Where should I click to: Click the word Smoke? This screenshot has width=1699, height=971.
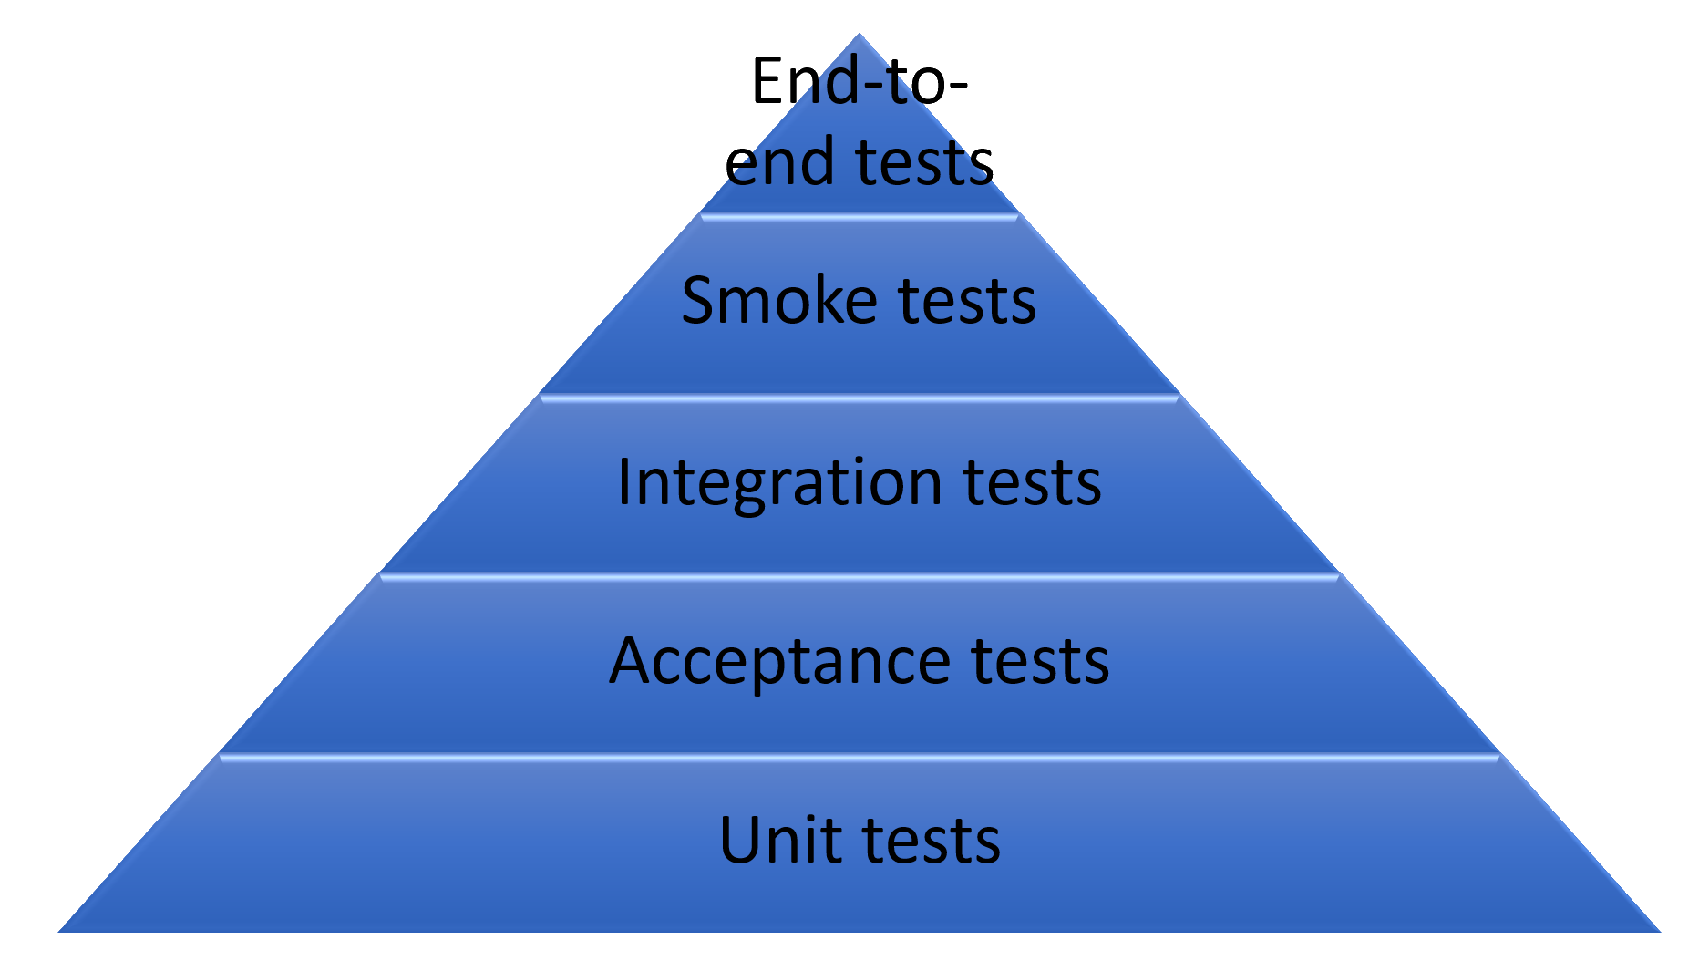[778, 300]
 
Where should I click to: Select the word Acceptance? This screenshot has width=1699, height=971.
[776, 660]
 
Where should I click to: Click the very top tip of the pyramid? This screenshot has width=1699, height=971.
[859, 36]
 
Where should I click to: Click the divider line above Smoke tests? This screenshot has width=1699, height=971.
[859, 217]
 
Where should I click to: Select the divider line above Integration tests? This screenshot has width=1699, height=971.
[859, 396]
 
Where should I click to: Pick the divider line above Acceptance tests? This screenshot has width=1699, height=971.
[859, 575]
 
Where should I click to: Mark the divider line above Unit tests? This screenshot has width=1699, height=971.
[859, 756]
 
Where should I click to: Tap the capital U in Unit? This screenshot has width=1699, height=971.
[740, 839]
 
